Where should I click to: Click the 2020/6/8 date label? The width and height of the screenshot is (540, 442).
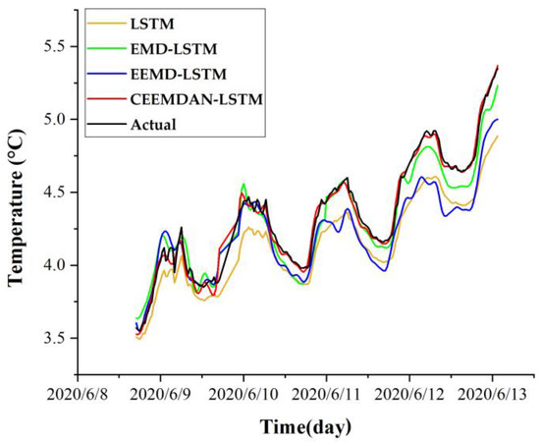pos(79,393)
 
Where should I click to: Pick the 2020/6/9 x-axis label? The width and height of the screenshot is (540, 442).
pos(161,393)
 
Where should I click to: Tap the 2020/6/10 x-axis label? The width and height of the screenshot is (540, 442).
pos(243,393)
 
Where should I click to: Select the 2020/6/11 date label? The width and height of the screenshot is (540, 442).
pos(327,393)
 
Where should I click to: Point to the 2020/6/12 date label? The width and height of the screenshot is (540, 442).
pos(409,393)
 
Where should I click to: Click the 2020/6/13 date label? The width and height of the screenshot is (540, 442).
pos(492,393)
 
